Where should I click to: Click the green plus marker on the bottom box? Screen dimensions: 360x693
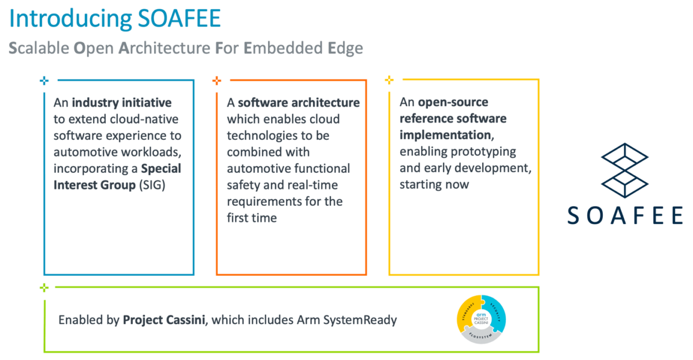(x=44, y=287)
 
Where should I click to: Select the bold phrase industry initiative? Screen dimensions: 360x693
(x=121, y=103)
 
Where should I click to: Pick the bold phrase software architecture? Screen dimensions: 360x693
(x=299, y=103)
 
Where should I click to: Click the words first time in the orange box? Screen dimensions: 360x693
(x=252, y=218)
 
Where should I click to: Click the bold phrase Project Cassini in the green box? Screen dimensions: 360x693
(x=164, y=320)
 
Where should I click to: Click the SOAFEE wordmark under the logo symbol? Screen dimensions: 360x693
(x=624, y=215)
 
